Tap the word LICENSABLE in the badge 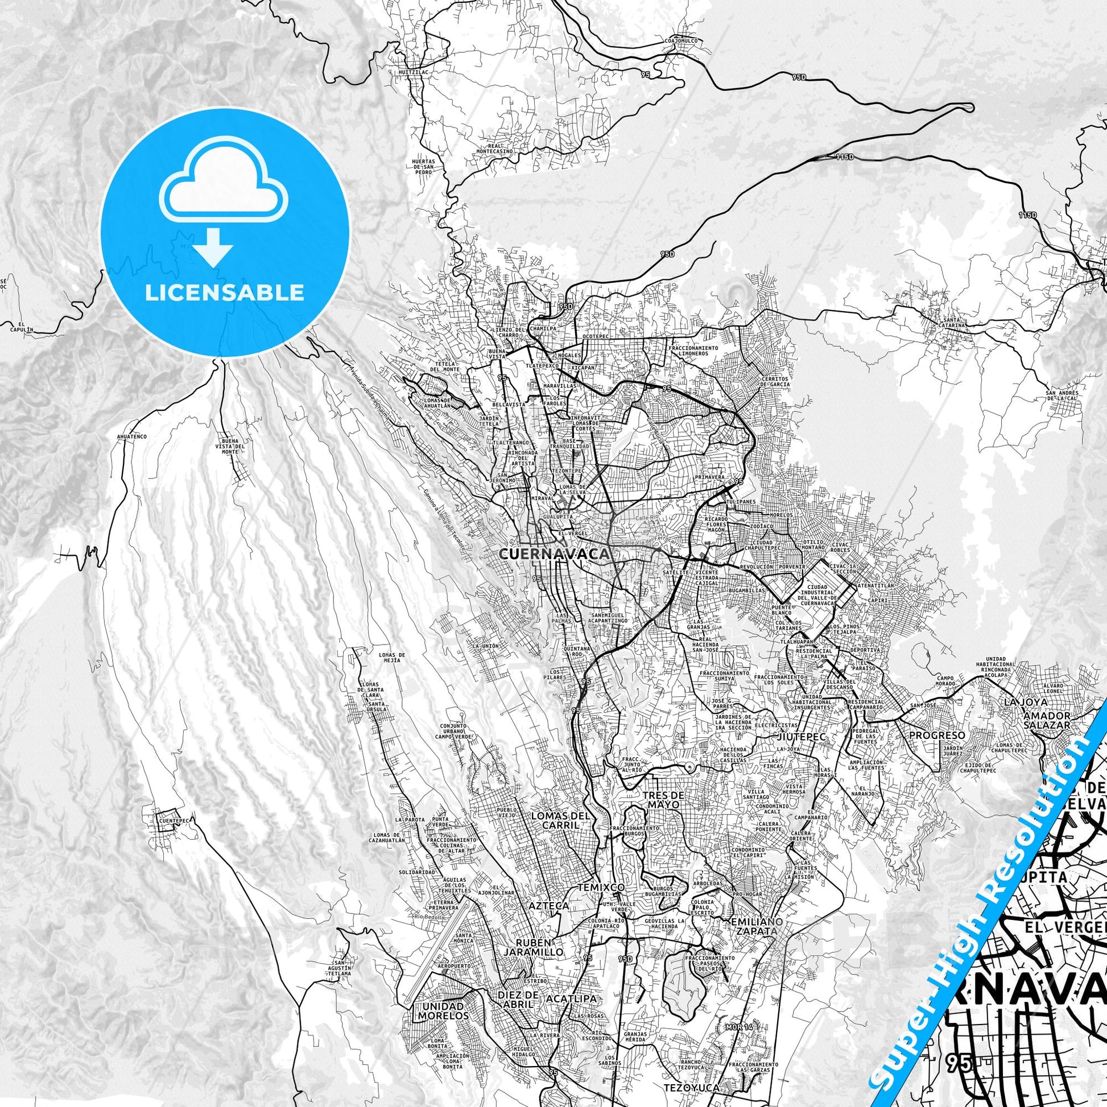point(224,292)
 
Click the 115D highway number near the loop point(845,157)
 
